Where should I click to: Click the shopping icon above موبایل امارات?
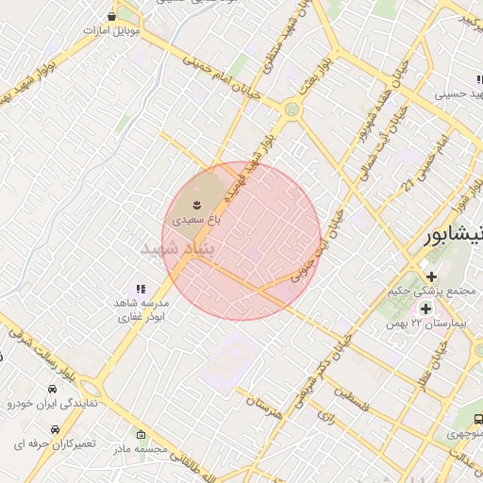coord(113,16)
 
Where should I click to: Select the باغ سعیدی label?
coord(195,219)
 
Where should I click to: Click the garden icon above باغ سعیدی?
coord(196,204)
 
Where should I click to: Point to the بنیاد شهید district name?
coord(178,247)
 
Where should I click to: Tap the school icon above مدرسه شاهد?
coord(141,289)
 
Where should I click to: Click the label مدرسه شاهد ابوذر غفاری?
coord(141,310)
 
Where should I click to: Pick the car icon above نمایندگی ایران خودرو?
coord(50,389)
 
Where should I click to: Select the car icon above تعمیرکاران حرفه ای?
coord(45,426)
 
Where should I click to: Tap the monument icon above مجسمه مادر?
coord(141,435)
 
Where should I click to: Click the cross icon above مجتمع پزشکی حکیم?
coord(431,276)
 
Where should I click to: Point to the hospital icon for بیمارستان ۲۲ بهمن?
coord(425,308)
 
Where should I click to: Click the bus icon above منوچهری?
coord(477,419)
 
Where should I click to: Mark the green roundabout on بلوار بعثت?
coord(291,110)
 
